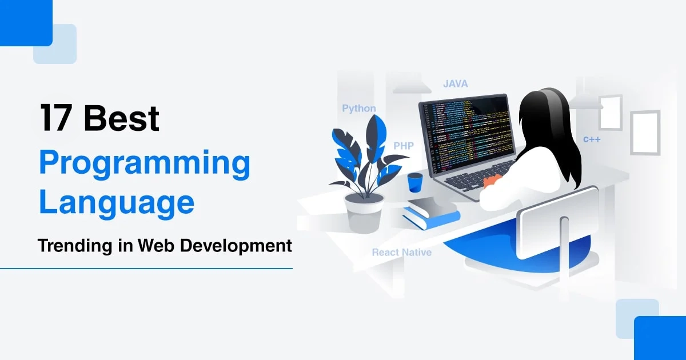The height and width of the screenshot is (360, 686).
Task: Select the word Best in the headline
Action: pos(121,118)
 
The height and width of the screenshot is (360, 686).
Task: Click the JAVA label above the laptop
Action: pos(455,84)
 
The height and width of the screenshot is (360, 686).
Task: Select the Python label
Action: pos(359,109)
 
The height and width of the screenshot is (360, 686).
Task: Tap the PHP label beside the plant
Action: pos(403,146)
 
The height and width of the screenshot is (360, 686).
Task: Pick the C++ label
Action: pos(592,139)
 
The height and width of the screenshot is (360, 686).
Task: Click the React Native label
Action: pos(401,252)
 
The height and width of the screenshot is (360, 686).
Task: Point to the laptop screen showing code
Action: pos(466,134)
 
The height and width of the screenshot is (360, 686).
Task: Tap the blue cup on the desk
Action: pos(414,182)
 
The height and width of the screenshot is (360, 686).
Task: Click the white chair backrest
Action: pos(557,220)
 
